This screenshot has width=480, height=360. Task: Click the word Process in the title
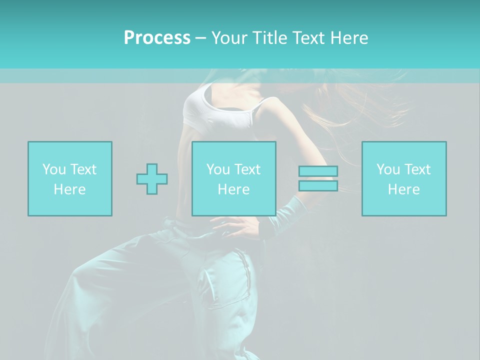tap(157, 38)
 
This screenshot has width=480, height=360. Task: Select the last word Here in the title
tap(349, 38)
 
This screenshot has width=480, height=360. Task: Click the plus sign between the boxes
tap(152, 179)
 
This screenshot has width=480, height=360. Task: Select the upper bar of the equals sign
tap(318, 171)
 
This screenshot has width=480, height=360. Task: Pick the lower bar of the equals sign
tap(318, 185)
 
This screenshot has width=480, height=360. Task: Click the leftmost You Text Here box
tap(70, 178)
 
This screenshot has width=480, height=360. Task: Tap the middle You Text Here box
tap(234, 178)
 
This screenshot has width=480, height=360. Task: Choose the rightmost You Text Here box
tap(404, 178)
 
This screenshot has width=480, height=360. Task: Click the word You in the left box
tap(53, 169)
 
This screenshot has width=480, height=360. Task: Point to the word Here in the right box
tap(404, 189)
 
